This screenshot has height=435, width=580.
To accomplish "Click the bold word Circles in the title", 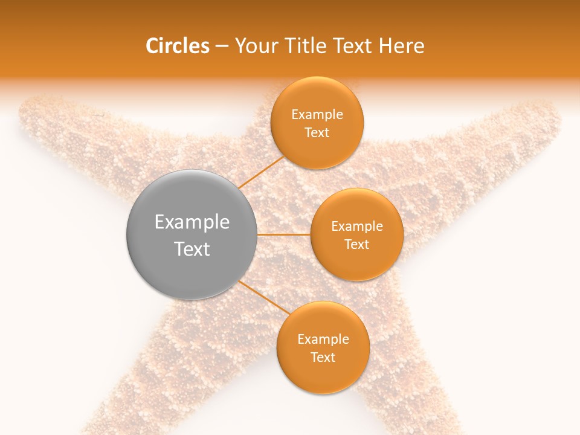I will pyautogui.click(x=178, y=46).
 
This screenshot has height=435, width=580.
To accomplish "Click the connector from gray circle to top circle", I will pyautogui.click(x=261, y=172).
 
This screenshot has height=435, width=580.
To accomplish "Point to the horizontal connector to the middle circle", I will pyautogui.click(x=283, y=234).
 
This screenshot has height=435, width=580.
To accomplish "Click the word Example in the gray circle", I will pyautogui.click(x=192, y=222).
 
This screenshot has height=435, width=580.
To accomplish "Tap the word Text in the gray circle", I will pyautogui.click(x=192, y=249).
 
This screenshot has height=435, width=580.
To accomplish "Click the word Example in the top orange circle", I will pyautogui.click(x=317, y=115).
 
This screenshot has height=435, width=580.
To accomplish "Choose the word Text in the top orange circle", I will pyautogui.click(x=317, y=133).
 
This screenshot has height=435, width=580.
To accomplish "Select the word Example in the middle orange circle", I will pyautogui.click(x=357, y=227).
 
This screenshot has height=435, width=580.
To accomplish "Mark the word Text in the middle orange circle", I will pyautogui.click(x=357, y=245).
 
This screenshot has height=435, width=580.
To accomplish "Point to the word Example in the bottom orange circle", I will pyautogui.click(x=323, y=340).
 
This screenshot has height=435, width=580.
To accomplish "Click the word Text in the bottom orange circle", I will pyautogui.click(x=323, y=358).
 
